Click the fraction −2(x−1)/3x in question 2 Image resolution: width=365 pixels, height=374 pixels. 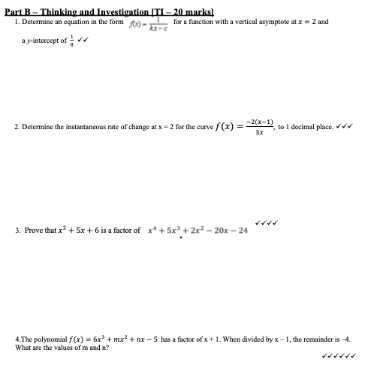[258, 128]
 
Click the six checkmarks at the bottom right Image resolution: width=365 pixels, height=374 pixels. [338, 357]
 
